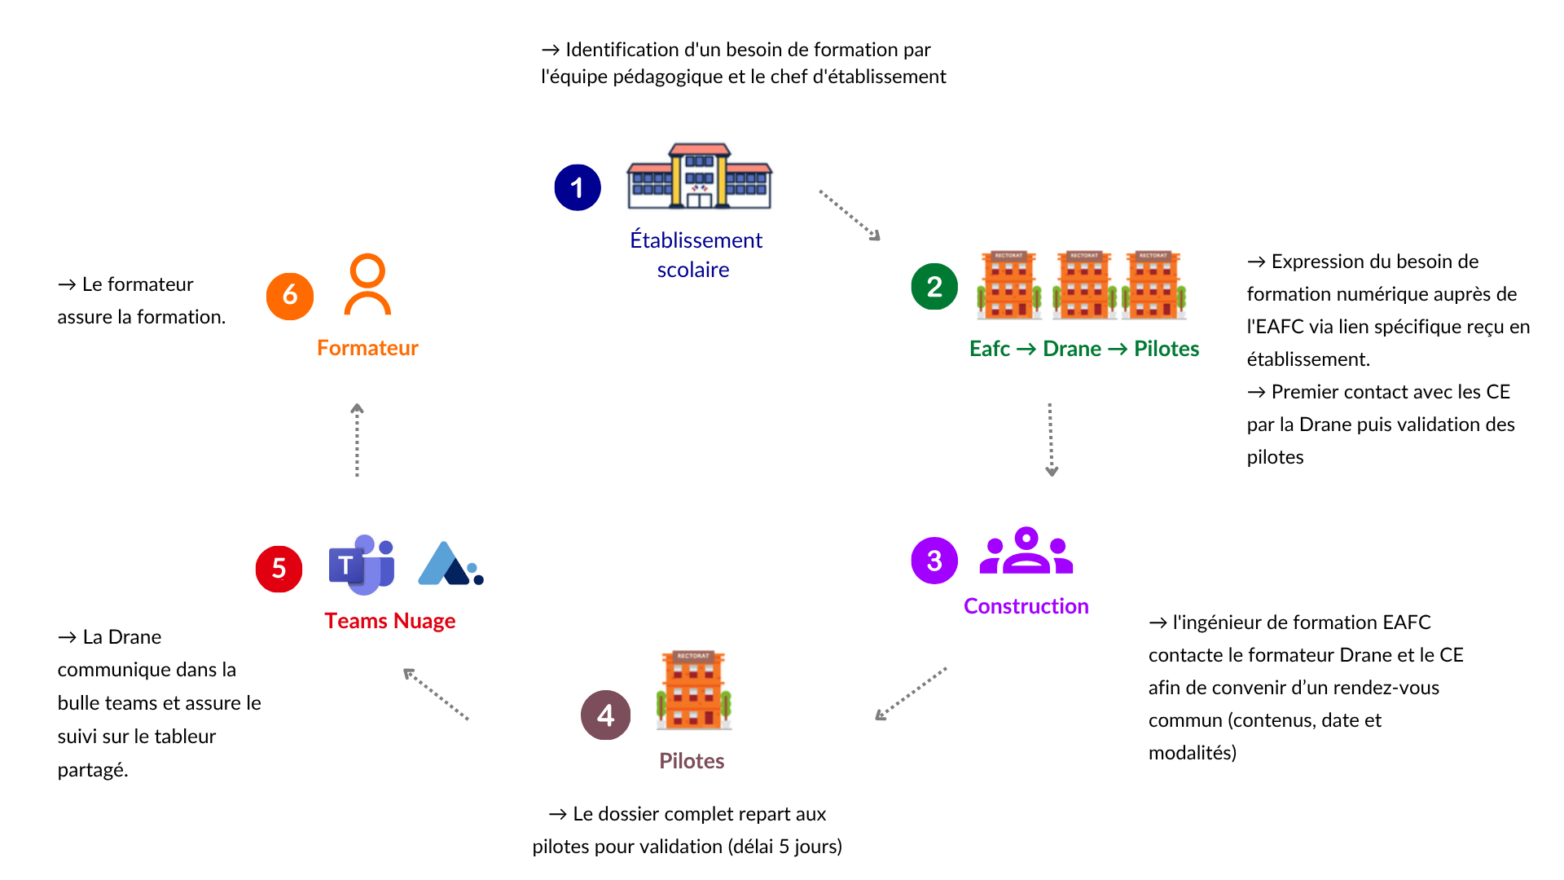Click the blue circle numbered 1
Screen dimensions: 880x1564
pos(578,187)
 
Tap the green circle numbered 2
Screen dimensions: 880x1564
pos(934,286)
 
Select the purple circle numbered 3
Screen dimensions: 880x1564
pos(934,561)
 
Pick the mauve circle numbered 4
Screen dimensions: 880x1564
pos(605,715)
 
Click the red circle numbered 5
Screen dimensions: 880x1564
pos(279,568)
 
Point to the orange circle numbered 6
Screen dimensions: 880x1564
pos(289,296)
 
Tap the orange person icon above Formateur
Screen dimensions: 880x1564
pos(367,284)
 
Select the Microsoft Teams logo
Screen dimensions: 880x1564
pos(362,564)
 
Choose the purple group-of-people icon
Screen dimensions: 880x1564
pos(1026,552)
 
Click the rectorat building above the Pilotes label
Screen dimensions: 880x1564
pos(694,689)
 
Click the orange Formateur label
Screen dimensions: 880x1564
pos(367,348)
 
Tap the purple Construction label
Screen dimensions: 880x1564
pos(1026,606)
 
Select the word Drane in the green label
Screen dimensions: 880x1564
pos(1072,349)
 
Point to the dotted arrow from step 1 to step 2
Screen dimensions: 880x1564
pos(849,215)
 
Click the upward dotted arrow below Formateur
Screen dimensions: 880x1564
pos(357,440)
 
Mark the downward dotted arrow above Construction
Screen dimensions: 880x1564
pos(1051,439)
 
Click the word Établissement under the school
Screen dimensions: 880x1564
pos(696,240)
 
